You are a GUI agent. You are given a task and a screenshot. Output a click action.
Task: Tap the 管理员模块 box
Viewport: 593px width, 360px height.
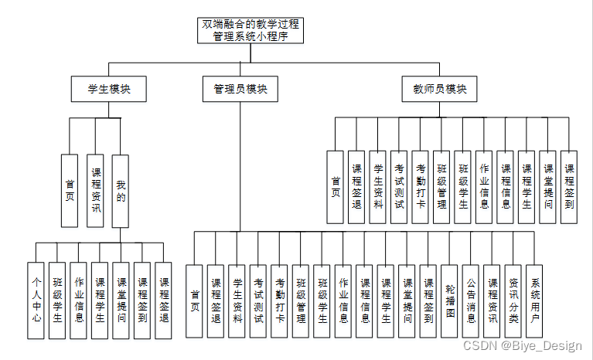(x=240, y=89)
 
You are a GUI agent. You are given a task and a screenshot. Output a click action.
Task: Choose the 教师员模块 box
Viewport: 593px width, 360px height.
(x=440, y=89)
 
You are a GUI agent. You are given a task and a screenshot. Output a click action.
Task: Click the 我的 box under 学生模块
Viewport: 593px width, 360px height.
(x=120, y=191)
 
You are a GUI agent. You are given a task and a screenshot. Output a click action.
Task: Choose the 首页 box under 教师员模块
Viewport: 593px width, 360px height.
(x=336, y=186)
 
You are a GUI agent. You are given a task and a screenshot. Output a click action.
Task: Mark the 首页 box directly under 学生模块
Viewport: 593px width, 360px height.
(x=70, y=191)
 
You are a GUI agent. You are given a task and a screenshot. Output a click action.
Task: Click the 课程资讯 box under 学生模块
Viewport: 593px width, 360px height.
(x=95, y=191)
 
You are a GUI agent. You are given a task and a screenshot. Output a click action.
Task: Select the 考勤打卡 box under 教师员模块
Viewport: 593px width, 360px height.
(x=420, y=186)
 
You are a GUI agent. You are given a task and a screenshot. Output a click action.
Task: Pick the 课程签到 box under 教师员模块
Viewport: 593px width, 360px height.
(x=569, y=186)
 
